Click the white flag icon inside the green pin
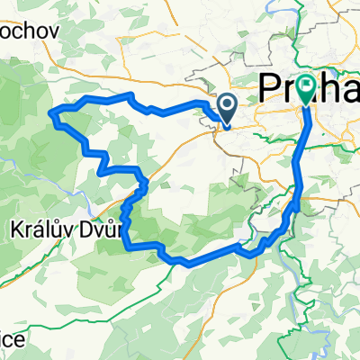point(308,85)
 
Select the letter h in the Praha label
point(328,87)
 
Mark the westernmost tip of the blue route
point(49,112)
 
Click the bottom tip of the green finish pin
point(308,104)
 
